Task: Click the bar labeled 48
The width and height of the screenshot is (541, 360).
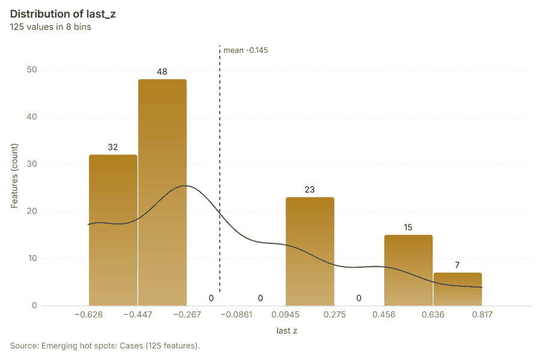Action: point(162,192)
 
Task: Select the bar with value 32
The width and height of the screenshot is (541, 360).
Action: point(113,230)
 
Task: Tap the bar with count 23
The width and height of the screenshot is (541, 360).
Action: point(310,251)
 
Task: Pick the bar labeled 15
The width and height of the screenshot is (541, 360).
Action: point(409,270)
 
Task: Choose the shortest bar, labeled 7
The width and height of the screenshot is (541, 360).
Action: point(457,289)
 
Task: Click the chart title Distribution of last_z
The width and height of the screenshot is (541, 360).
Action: point(63,14)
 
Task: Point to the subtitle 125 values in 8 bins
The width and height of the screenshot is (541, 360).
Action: point(50,27)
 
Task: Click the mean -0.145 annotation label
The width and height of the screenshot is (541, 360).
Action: point(246,50)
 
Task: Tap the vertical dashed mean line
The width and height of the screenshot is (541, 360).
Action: point(220,169)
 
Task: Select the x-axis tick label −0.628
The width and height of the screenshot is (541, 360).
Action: point(89,314)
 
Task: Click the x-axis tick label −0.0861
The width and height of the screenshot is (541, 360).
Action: point(236,314)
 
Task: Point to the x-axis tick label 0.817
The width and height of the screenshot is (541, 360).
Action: point(482,314)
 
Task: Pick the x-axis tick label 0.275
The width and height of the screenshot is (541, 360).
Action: point(334,314)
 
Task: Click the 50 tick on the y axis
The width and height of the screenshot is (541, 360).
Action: point(32,70)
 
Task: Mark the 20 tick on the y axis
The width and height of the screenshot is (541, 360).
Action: point(32,211)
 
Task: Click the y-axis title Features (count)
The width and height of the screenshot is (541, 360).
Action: point(14,176)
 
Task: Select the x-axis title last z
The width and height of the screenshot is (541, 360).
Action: point(287,331)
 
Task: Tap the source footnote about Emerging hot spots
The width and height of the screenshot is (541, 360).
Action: point(105,346)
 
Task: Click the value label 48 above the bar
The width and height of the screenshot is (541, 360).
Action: point(162,72)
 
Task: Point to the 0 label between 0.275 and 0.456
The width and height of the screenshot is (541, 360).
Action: point(359,298)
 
